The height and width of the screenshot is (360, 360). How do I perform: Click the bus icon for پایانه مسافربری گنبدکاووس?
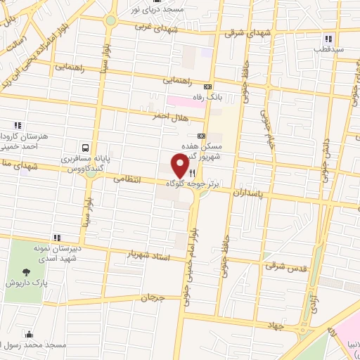[x=85, y=148]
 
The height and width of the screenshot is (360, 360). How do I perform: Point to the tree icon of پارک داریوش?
[x=27, y=272]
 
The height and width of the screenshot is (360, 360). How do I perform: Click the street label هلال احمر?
[x=167, y=117]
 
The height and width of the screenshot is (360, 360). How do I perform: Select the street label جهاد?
[x=278, y=326]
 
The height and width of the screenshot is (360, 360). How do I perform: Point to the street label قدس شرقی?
[x=283, y=266]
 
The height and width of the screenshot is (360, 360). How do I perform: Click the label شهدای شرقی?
[x=243, y=32]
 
